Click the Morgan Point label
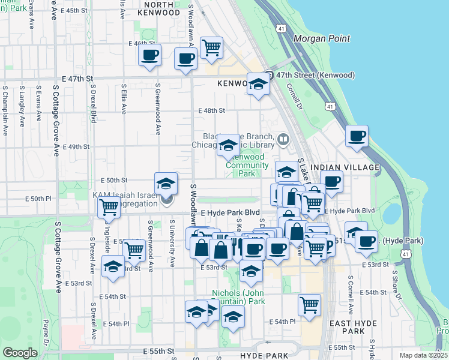pyautogui.click(x=321, y=38)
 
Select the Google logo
pyautogui.click(x=20, y=353)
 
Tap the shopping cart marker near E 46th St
pyautogui.click(x=211, y=47)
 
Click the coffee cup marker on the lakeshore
pyautogui.click(x=357, y=136)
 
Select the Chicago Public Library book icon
pyautogui.click(x=283, y=140)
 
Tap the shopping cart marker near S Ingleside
pyautogui.click(x=109, y=207)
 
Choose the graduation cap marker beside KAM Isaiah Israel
pyautogui.click(x=166, y=183)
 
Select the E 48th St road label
pyautogui.click(x=211, y=110)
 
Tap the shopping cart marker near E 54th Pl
pyautogui.click(x=309, y=305)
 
